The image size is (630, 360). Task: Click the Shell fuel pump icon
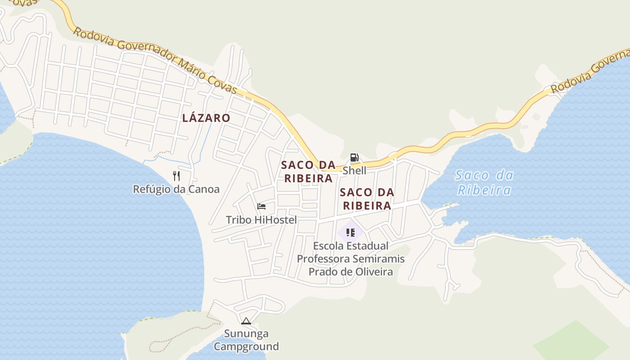(x=355, y=157)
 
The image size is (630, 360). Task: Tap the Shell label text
(x=355, y=171)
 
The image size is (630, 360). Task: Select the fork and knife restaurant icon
(x=176, y=176)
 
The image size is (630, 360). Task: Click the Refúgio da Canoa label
(x=176, y=189)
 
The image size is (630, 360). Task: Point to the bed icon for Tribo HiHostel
(x=261, y=207)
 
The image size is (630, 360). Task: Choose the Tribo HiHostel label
(x=261, y=220)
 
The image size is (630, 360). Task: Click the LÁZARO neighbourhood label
(x=206, y=118)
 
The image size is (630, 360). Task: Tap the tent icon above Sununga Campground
(x=246, y=321)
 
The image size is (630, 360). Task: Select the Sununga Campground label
(x=246, y=340)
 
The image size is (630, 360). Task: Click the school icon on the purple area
(x=351, y=233)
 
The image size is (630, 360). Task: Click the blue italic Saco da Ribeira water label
(x=484, y=182)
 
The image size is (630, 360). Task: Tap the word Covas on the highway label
(x=221, y=82)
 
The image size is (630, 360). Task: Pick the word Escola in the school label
(x=330, y=246)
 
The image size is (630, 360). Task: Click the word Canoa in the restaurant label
(x=204, y=189)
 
